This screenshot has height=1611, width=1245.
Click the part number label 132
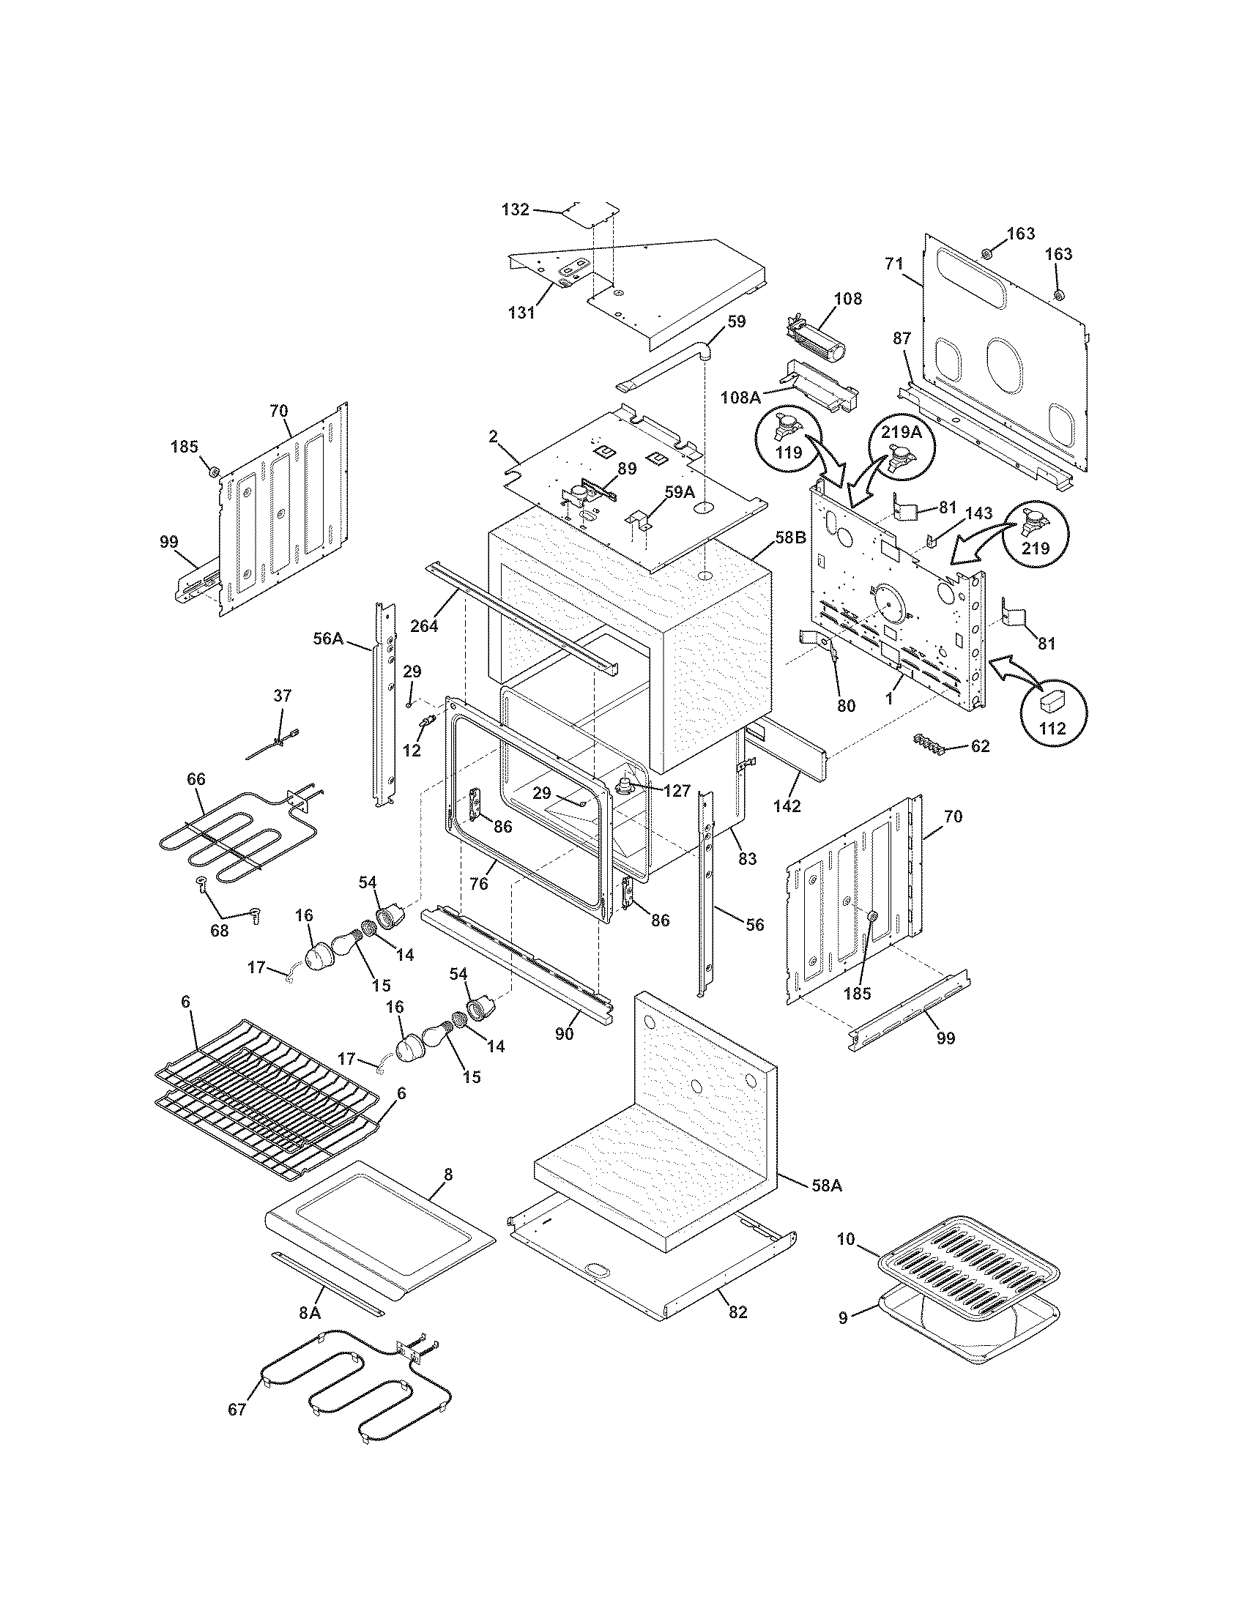[x=515, y=209]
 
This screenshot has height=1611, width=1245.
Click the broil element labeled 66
[x=236, y=833]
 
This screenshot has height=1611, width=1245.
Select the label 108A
[x=740, y=398]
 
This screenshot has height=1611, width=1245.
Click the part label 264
[x=425, y=626]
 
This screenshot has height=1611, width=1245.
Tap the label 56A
[x=328, y=638]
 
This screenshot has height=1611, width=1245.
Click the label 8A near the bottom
[x=310, y=1312]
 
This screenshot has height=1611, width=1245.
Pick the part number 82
[x=737, y=1312]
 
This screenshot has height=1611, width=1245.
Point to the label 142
[x=787, y=806]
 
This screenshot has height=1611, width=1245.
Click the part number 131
[x=521, y=312]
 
